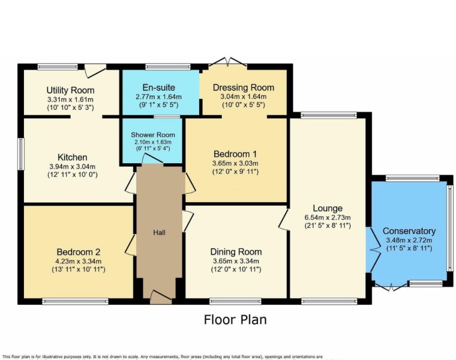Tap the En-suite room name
159,87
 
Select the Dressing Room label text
244,88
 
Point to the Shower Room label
153,135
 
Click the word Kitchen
72,157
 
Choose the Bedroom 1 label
235,154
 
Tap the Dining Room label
235,251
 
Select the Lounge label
327,208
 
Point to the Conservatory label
409,231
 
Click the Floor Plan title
235,319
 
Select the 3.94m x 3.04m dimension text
72,166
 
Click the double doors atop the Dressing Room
231,62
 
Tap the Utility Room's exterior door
94,70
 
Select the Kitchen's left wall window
20,154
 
